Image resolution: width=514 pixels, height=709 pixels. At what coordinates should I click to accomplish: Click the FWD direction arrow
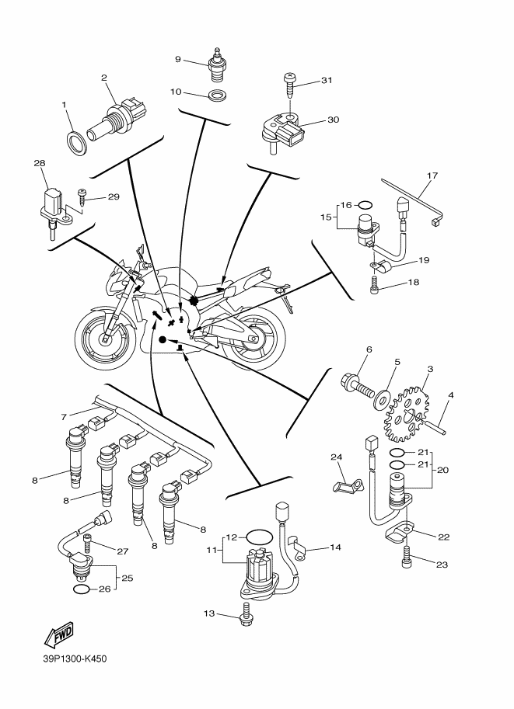[59, 634]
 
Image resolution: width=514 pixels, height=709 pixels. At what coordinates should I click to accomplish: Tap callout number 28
[40, 163]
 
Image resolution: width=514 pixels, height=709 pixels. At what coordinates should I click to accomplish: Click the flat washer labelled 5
[383, 397]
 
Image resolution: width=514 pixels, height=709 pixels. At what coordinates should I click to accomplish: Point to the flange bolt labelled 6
[356, 384]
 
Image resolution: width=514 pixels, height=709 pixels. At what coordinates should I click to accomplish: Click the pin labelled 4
[435, 427]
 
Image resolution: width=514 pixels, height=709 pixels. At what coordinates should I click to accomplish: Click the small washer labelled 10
[218, 96]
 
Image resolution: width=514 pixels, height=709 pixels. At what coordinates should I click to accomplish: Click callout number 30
[333, 120]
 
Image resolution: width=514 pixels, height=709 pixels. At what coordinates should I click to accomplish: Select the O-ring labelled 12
[260, 538]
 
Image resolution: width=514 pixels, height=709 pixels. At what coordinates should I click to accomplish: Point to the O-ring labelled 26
[81, 589]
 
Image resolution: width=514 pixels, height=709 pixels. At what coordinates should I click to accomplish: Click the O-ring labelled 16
[365, 205]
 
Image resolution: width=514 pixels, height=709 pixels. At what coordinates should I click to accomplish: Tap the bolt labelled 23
[406, 557]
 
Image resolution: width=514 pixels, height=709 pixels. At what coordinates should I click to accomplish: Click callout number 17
[432, 176]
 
